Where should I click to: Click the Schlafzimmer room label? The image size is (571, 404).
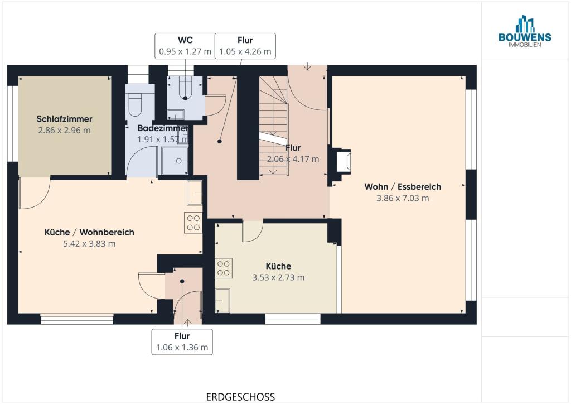(x=65, y=119)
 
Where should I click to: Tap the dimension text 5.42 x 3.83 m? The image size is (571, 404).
(x=89, y=244)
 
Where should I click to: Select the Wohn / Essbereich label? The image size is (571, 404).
(x=403, y=186)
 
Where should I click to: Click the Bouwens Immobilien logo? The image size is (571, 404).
(x=525, y=31)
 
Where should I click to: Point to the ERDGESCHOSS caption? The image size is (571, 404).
(x=240, y=397)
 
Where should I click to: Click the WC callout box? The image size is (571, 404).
(x=185, y=46)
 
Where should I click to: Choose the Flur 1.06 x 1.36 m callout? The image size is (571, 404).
(x=182, y=342)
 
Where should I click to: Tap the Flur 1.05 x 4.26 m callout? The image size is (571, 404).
(x=245, y=46)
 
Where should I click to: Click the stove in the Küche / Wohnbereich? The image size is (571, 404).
(x=193, y=223)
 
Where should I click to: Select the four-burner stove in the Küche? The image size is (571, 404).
(x=223, y=268)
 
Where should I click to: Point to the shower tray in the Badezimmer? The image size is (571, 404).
(x=175, y=161)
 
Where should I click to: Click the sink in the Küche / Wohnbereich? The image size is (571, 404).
(x=195, y=193)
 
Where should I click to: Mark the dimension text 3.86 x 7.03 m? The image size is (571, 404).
(x=403, y=198)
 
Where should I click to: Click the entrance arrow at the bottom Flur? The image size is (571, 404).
(x=187, y=323)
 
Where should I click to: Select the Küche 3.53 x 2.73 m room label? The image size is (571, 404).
(x=278, y=272)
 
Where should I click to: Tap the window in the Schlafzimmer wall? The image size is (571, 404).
(x=13, y=123)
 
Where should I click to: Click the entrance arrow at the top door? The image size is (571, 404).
(x=308, y=66)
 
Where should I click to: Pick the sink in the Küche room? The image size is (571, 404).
(x=222, y=301)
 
